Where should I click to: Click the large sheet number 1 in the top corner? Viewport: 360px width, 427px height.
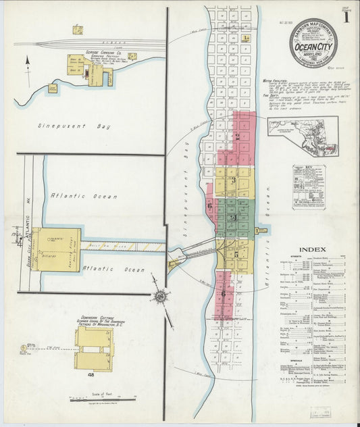[346, 18]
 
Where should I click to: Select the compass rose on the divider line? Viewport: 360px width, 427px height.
[160, 295]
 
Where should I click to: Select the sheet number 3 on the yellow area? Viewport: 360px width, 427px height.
[232, 180]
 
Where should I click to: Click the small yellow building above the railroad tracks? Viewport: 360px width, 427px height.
[78, 30]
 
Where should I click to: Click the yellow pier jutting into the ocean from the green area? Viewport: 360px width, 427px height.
[261, 232]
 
